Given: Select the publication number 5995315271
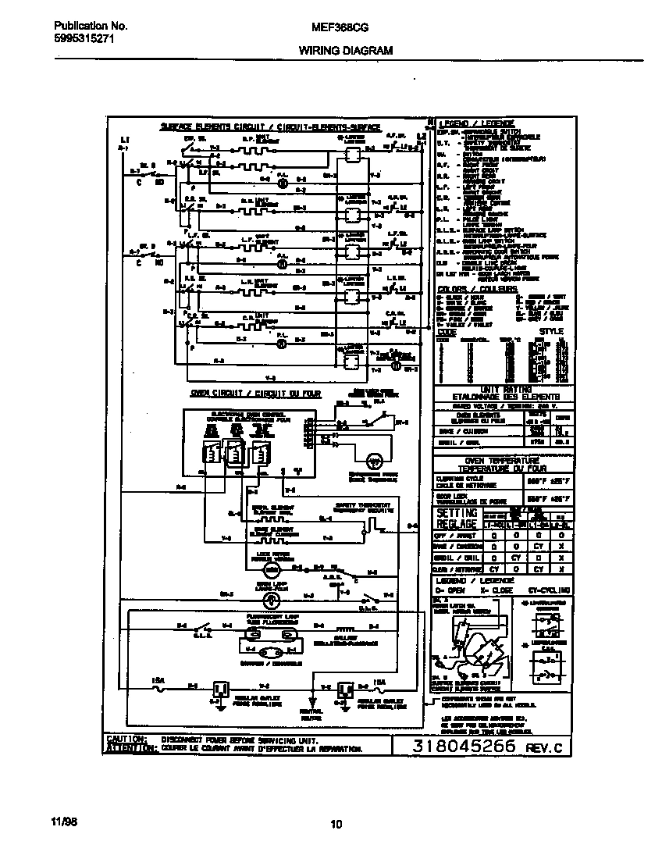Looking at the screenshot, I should [74, 38].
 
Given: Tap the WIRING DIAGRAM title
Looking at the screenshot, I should [345, 50].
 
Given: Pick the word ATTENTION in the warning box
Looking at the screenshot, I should [130, 748].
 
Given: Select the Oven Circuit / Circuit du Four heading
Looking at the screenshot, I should [256, 394].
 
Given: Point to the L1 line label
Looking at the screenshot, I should [124, 138].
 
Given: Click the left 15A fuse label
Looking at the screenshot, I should [157, 680].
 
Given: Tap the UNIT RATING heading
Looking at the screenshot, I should [506, 389].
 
